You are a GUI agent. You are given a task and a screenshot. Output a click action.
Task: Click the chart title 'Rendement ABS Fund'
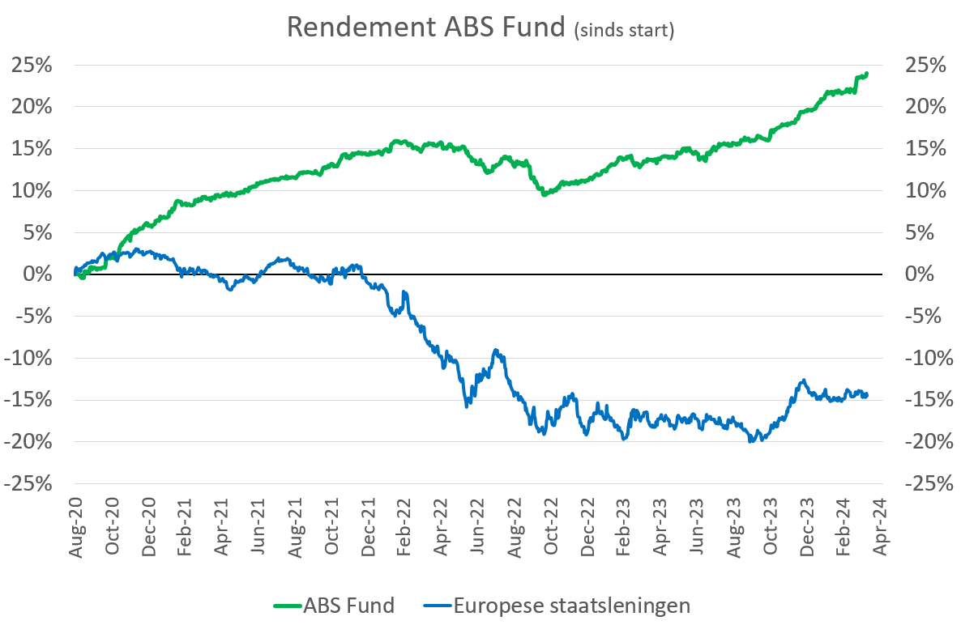pyautogui.click(x=425, y=27)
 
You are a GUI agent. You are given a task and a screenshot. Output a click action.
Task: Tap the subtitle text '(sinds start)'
pyautogui.click(x=623, y=30)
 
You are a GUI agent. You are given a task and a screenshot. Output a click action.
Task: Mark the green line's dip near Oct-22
pyautogui.click(x=545, y=194)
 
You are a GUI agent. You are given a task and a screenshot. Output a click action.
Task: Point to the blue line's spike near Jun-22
pyautogui.click(x=496, y=351)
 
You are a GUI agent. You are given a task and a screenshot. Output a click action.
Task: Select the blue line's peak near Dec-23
pyautogui.click(x=803, y=380)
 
